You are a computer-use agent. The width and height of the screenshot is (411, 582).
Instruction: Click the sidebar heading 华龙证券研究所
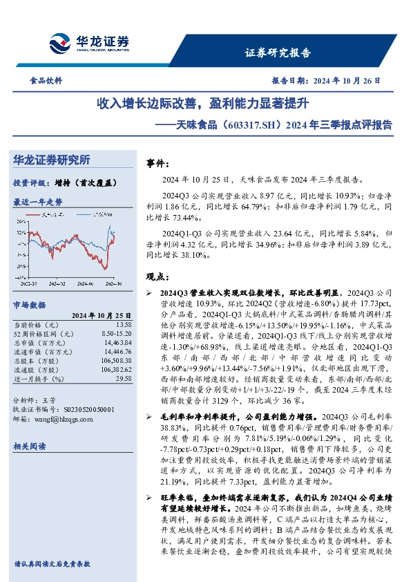click(52, 160)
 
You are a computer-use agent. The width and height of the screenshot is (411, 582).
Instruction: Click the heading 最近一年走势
click(38, 202)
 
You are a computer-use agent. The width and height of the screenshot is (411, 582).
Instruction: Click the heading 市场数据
click(30, 303)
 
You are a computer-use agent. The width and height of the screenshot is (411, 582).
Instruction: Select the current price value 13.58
click(124, 324)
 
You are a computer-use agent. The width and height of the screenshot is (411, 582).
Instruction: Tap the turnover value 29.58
click(124, 379)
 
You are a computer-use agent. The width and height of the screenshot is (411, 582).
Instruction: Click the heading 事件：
click(157, 164)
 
